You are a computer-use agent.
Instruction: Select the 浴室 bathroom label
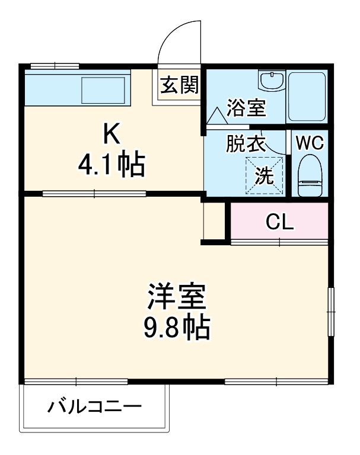click(246, 108)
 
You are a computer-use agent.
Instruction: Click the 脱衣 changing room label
click(245, 144)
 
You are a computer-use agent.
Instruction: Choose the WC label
click(309, 143)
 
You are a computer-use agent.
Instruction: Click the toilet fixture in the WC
click(309, 175)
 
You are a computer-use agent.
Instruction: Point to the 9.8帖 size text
click(177, 327)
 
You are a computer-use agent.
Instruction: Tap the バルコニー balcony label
click(95, 408)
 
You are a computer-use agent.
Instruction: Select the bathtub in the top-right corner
click(307, 96)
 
